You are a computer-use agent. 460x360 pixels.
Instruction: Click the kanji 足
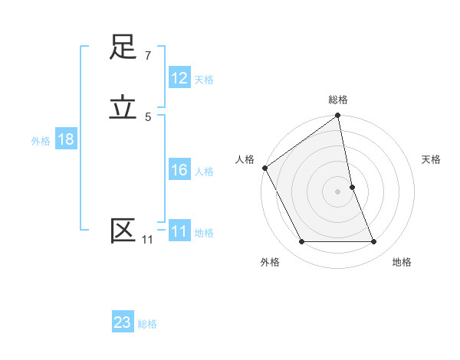coord(123,47)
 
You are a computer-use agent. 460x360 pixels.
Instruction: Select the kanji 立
coord(123,107)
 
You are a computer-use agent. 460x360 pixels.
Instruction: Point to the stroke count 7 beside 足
coord(147,56)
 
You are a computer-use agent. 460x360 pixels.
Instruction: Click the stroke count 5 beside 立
coord(147,116)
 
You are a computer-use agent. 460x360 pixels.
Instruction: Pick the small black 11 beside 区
coord(147,240)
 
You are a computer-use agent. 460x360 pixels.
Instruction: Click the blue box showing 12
coord(179,78)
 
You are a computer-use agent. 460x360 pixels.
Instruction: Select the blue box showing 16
coord(179,170)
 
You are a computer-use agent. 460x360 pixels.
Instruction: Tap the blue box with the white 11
coord(179,231)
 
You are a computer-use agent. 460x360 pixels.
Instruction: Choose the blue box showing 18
coord(66,139)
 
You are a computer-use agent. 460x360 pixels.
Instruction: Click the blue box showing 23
coord(123,322)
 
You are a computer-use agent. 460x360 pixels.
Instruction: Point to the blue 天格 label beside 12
coord(204,79)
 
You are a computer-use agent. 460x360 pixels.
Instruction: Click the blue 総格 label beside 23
coord(147,324)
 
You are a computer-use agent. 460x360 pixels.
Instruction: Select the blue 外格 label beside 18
coord(41,141)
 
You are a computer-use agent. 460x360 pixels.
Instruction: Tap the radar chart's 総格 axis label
coord(338,100)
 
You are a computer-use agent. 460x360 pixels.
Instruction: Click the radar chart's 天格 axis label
coord(432,159)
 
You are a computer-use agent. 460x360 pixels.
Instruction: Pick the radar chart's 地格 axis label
coord(402,262)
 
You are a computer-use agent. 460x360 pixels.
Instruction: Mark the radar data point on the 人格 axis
coord(264,168)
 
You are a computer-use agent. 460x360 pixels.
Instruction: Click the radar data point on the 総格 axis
coord(338,116)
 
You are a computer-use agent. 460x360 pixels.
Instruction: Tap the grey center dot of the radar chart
coord(338,191)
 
